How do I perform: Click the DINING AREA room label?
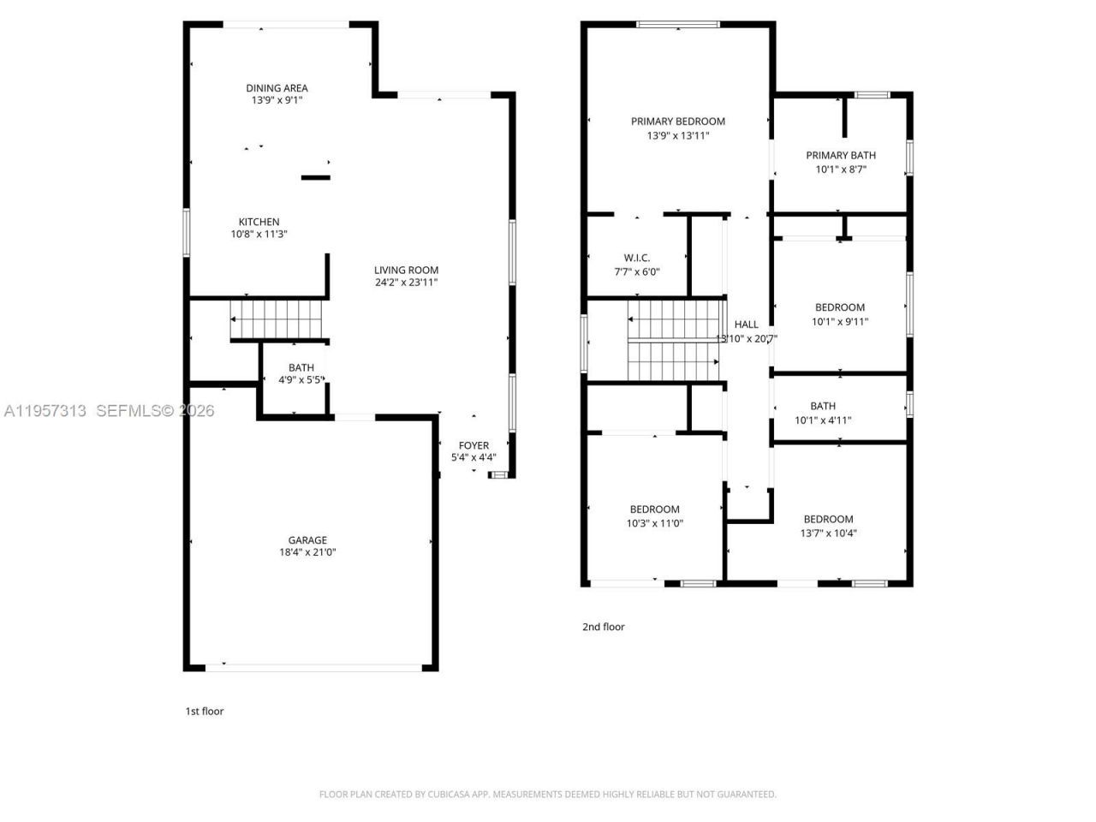[277, 88]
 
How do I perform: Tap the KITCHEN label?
[259, 222]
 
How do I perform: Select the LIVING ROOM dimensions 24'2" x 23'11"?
[406, 283]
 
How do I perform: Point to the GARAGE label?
[307, 540]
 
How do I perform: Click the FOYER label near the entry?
[474, 445]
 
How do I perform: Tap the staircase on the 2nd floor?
[674, 340]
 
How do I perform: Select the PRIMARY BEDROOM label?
[678, 122]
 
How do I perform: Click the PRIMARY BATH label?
[841, 155]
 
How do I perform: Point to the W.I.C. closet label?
[637, 258]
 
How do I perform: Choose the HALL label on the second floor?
[747, 325]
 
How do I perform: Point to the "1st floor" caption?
[205, 711]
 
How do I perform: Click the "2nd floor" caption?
[604, 627]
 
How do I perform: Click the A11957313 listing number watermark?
[45, 411]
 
